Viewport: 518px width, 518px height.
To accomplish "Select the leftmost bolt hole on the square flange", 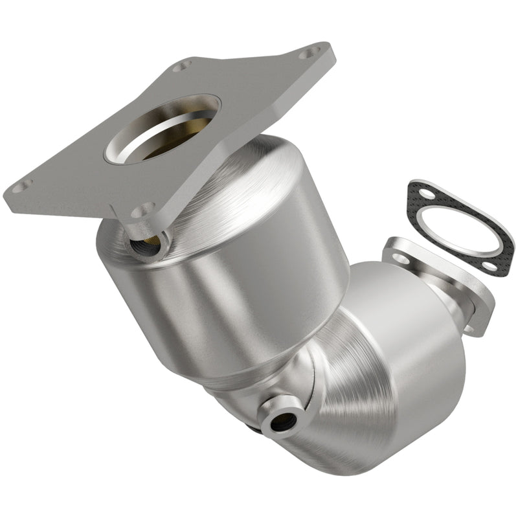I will pos(22,186).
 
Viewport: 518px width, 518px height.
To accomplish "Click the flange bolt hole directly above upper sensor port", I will pos(143,211).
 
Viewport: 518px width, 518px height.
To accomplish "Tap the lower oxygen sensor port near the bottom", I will pos(282,422).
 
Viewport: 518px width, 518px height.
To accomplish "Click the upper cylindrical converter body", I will pos(227,272).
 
